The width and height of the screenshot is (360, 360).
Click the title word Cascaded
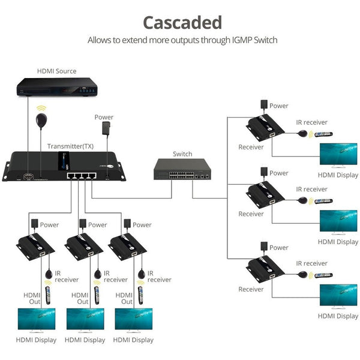(182, 22)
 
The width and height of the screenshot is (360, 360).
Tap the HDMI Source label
(56, 71)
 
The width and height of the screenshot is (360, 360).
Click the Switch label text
(182, 154)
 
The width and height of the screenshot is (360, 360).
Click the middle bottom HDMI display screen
(84, 320)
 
